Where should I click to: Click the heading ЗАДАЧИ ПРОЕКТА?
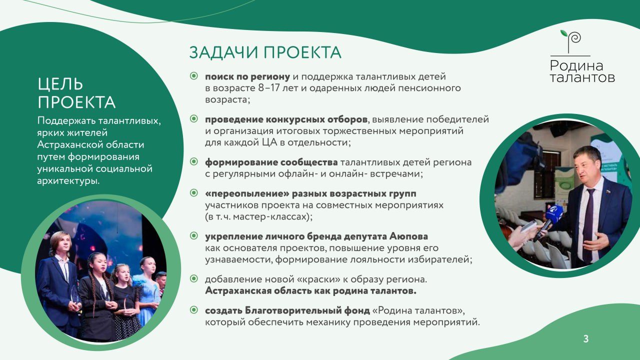[x=265, y=52]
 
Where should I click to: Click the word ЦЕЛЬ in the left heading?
[x=60, y=84]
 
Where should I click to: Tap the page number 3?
[x=586, y=339]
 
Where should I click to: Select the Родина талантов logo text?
[x=582, y=71]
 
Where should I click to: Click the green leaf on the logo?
[x=564, y=33]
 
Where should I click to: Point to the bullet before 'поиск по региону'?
[x=193, y=76]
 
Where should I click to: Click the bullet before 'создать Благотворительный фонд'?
[x=193, y=310]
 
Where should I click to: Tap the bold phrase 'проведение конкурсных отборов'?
[x=286, y=119]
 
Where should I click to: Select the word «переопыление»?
[x=247, y=193]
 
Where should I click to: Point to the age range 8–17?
[x=269, y=88]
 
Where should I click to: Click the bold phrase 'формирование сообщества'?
[x=271, y=162]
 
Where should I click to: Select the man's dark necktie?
[x=588, y=225]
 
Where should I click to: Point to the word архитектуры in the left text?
[x=68, y=181]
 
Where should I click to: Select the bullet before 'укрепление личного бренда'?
[x=193, y=235]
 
